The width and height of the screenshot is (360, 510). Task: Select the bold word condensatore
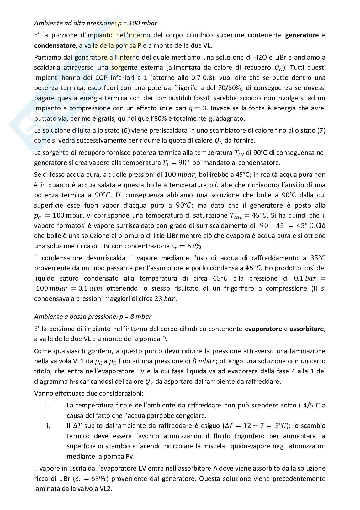55,45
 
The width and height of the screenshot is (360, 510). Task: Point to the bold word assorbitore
307,329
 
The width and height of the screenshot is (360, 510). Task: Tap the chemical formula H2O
254,57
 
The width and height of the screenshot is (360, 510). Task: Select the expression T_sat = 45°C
247,216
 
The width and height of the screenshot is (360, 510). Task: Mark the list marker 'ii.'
48,426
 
